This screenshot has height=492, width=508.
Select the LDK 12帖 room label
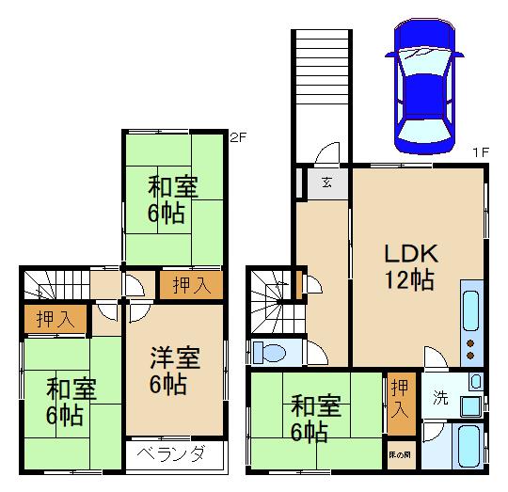tap(407, 266)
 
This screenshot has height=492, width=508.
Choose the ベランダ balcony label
tap(173, 454)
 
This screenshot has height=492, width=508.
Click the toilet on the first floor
tap(272, 353)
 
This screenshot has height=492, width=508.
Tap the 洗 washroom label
tap(439, 397)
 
